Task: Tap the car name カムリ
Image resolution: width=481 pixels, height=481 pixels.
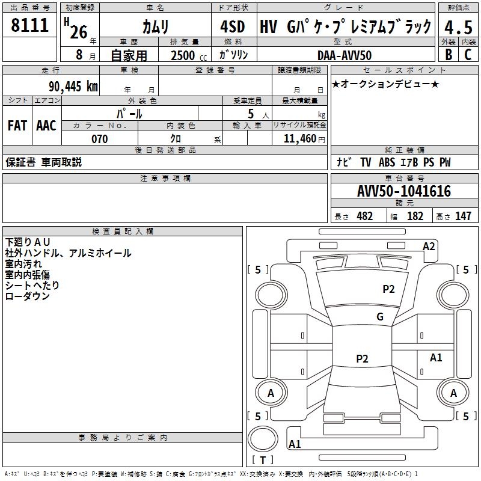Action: tap(155, 26)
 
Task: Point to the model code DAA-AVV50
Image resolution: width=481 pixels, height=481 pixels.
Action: tap(345, 55)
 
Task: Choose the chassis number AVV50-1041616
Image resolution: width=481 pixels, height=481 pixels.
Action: tap(403, 191)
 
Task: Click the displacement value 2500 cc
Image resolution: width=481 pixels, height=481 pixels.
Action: tap(186, 55)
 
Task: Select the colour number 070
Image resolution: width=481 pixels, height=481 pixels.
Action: tap(99, 139)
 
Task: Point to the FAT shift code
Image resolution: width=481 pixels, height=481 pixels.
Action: tap(17, 126)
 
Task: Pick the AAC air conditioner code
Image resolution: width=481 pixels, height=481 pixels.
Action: tap(46, 126)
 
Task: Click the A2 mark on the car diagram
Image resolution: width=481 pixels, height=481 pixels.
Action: tap(429, 246)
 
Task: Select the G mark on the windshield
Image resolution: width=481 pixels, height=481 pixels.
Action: tap(380, 317)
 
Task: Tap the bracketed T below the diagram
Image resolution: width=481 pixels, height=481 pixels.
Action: tap(263, 460)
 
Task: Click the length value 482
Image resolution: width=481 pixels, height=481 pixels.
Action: tap(364, 216)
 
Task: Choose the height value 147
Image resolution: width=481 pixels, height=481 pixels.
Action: tap(463, 216)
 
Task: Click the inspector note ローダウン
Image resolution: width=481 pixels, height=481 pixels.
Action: tap(27, 296)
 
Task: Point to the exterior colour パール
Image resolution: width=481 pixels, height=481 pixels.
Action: tap(130, 113)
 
